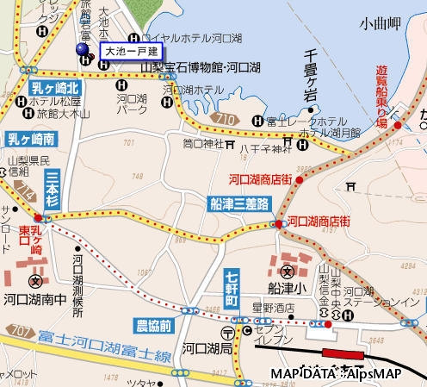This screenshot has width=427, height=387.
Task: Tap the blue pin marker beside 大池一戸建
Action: click(x=84, y=49)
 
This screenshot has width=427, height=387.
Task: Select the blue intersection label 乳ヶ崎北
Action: click(x=55, y=88)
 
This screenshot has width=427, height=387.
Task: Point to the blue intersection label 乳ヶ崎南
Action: click(x=31, y=138)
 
